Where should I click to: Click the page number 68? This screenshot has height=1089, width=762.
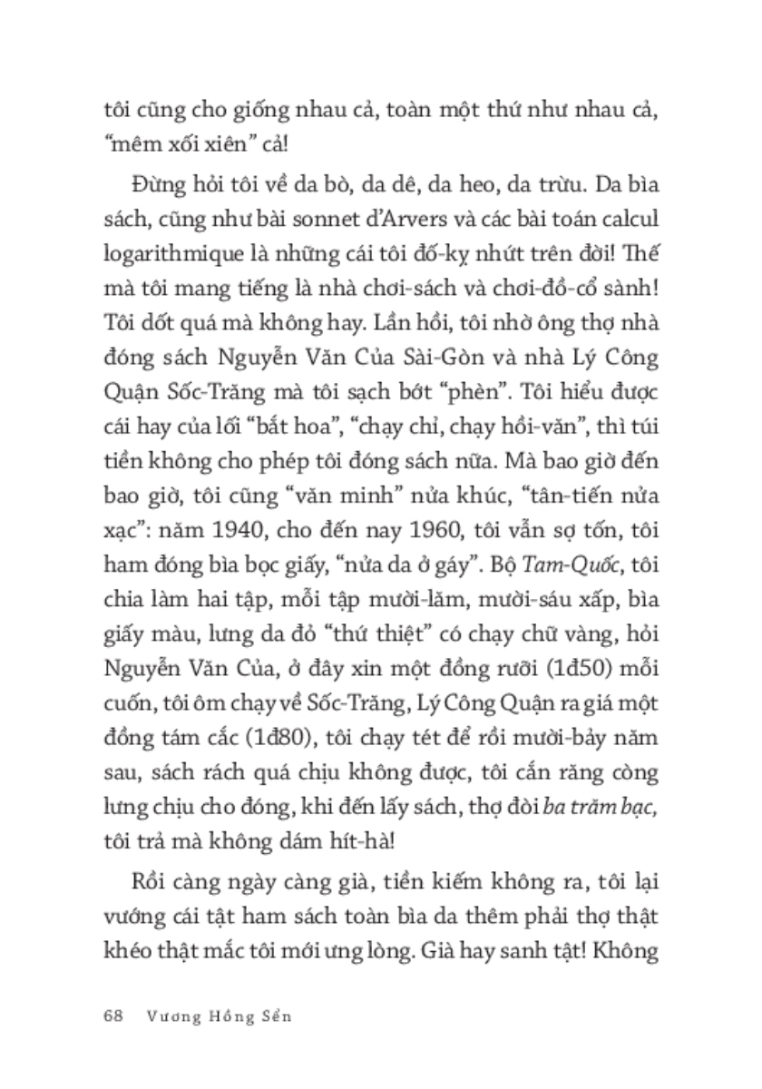[112, 1015]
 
